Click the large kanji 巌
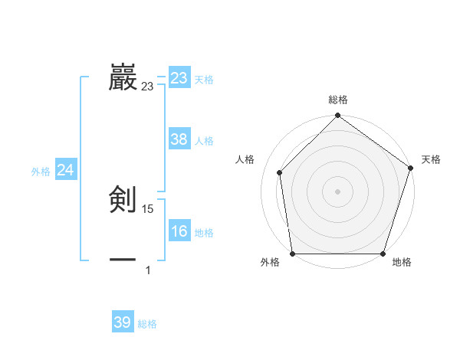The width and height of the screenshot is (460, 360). tap(123, 77)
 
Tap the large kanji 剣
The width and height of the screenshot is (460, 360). tap(123, 200)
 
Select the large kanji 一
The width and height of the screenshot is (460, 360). tap(123, 260)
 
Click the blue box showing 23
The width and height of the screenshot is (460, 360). tap(179, 78)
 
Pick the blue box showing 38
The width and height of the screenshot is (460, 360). tap(179, 139)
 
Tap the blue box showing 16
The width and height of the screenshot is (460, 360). tap(179, 231)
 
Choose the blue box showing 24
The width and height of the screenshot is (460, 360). tap(66, 170)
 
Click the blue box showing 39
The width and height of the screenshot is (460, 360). tap(123, 322)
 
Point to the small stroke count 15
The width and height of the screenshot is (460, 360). tap(148, 209)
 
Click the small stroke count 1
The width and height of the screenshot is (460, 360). tap(148, 270)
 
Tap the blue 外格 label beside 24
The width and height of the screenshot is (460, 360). tap(41, 172)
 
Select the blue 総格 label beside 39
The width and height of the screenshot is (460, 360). tap(147, 325)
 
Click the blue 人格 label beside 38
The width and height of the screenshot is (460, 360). tap(204, 142)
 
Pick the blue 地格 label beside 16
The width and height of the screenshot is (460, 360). tap(204, 234)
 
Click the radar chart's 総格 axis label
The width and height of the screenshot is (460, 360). tap(338, 100)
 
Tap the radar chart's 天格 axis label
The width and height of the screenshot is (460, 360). tap(431, 159)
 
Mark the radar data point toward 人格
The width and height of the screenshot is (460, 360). tap(280, 173)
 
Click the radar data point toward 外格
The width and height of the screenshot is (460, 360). tap(293, 254)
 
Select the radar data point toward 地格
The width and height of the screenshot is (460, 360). tap(383, 254)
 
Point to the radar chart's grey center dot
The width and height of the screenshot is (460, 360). tap(338, 191)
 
